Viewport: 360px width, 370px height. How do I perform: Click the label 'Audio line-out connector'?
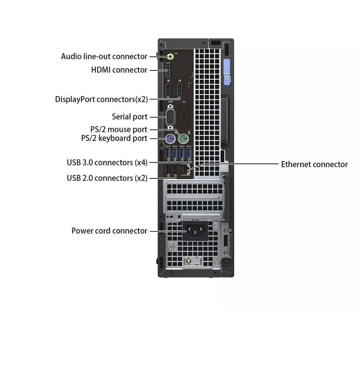tap(104, 57)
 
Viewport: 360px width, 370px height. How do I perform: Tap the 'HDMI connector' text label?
tap(119, 70)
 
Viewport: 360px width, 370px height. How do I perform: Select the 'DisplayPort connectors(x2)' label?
tap(101, 99)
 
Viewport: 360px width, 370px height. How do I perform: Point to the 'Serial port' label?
tap(130, 117)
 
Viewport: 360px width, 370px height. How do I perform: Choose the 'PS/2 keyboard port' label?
tap(114, 138)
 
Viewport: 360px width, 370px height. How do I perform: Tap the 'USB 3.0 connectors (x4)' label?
tap(107, 163)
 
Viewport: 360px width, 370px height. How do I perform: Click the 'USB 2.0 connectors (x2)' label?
tap(107, 178)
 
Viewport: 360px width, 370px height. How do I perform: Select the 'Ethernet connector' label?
tap(314, 165)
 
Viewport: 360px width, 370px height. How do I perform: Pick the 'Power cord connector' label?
tap(109, 231)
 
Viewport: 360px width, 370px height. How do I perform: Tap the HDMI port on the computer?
tap(168, 71)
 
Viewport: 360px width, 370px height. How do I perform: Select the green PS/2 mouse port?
tap(184, 139)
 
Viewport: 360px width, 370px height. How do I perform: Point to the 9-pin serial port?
tap(170, 117)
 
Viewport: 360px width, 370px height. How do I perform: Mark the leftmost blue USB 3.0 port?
tap(168, 155)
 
